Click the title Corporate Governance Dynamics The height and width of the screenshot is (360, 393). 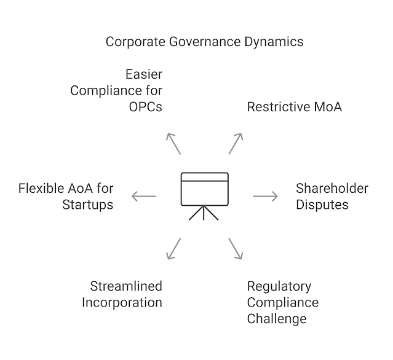pos(204,42)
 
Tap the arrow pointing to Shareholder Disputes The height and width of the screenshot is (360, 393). pos(265,196)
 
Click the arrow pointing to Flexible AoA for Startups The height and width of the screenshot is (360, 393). pos(144,197)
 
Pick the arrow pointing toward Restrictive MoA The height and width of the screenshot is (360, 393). pos(237,143)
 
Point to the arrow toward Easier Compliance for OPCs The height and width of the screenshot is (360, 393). pos(173,143)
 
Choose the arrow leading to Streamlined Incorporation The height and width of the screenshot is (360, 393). pos(173,248)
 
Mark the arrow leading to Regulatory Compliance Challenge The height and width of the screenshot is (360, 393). pos(237,248)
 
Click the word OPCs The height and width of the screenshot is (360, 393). pos(145,107)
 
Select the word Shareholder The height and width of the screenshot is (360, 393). pos(331,188)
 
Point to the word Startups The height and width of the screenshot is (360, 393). pos(87,204)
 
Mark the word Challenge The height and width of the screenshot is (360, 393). pos(276,318)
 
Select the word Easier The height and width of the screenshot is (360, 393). pos(144,75)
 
